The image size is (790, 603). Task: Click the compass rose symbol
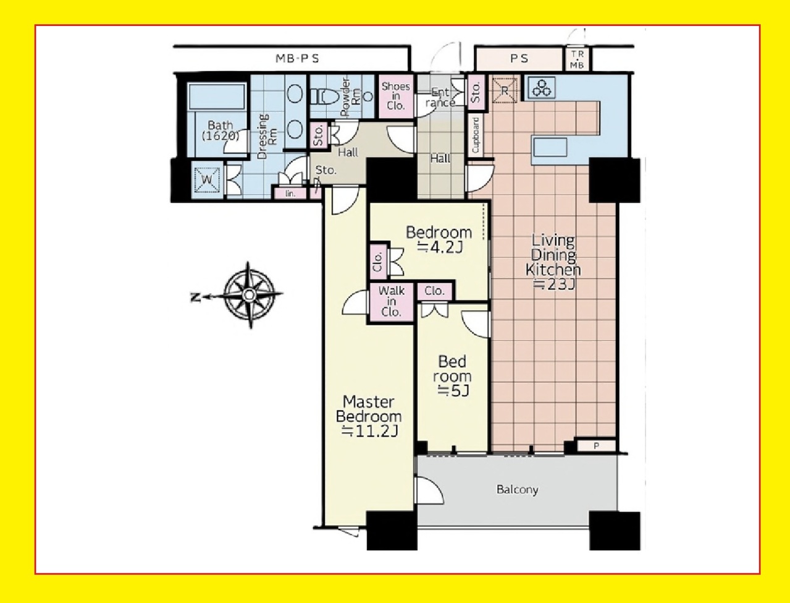pyautogui.click(x=249, y=295)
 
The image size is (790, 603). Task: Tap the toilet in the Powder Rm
pyautogui.click(x=325, y=96)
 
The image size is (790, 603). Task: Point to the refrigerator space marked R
pyautogui.click(x=505, y=91)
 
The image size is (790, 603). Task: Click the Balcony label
pyautogui.click(x=517, y=490)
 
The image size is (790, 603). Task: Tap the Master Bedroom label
pyautogui.click(x=369, y=416)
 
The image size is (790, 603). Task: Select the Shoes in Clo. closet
pyautogui.click(x=395, y=96)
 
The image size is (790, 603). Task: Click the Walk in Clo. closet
pyautogui.click(x=391, y=301)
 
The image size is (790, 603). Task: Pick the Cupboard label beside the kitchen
pyautogui.click(x=476, y=135)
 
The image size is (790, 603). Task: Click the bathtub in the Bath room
pyautogui.click(x=217, y=97)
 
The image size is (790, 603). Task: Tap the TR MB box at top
pyautogui.click(x=578, y=59)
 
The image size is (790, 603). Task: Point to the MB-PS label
pyautogui.click(x=297, y=59)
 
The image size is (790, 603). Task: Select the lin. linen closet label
pyautogui.click(x=290, y=194)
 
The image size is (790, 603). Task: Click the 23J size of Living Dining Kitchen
pyautogui.click(x=554, y=285)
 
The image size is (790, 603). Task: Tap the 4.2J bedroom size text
pyautogui.click(x=439, y=248)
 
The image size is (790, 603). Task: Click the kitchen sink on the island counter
pyautogui.click(x=550, y=147)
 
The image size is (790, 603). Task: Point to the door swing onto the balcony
pyautogui.click(x=429, y=490)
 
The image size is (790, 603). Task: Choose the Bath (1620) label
pyautogui.click(x=220, y=130)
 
